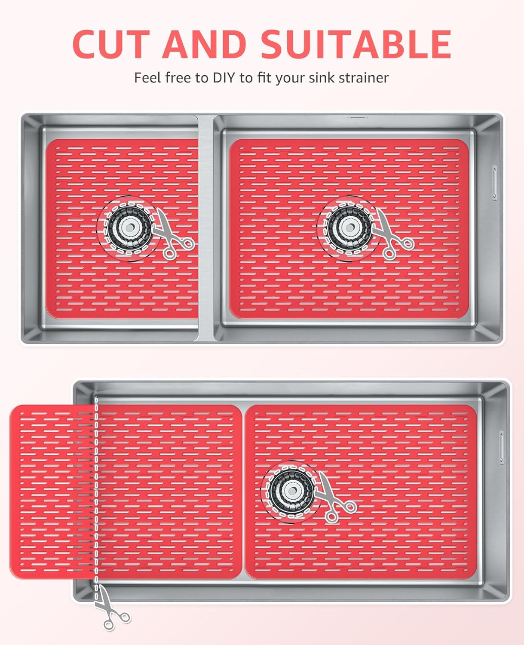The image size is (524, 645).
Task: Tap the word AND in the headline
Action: click(x=206, y=44)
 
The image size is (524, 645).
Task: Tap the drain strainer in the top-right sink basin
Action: click(x=348, y=228)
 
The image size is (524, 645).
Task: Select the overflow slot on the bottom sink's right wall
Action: click(x=501, y=447)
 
